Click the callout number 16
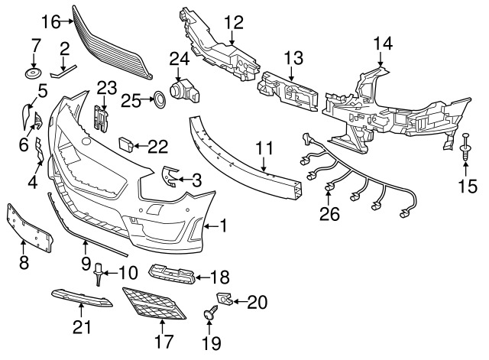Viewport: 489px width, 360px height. tap(50, 21)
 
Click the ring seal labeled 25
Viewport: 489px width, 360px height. tap(157, 99)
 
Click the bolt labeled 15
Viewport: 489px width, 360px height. tap(465, 150)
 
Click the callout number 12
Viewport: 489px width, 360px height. tap(233, 21)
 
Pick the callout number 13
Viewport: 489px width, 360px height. tap(294, 57)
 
